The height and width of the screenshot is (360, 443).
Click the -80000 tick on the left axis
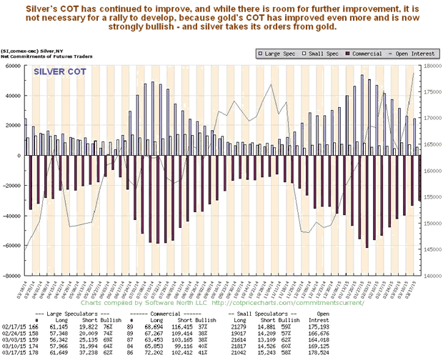click(x=11, y=275)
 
